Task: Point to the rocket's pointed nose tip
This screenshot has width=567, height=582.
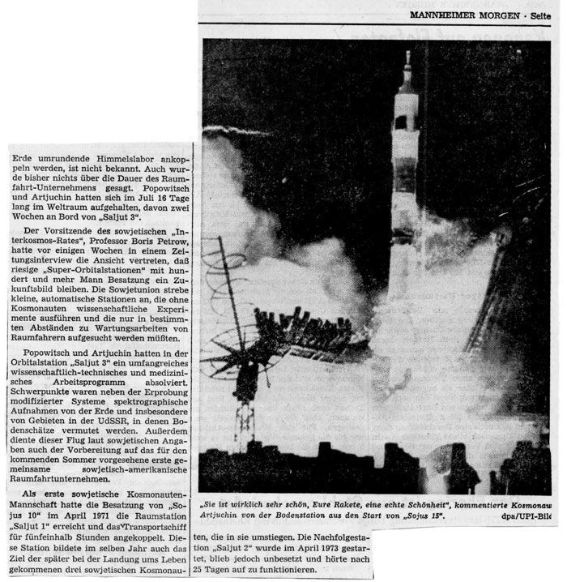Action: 407,53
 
